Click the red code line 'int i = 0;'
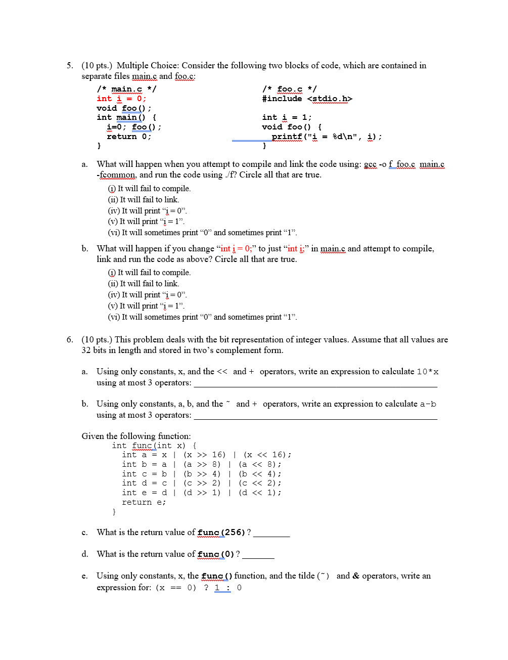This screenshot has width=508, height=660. tap(121, 99)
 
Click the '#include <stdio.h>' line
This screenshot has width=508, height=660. tap(307, 99)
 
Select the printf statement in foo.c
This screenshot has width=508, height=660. tap(326, 137)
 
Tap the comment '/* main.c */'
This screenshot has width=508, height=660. tap(126, 89)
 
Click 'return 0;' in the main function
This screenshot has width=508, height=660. tap(129, 137)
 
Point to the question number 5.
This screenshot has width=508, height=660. tap(70, 65)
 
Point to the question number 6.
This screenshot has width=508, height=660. tap(70, 339)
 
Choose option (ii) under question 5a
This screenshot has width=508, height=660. tap(144, 200)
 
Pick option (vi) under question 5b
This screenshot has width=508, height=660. tap(202, 317)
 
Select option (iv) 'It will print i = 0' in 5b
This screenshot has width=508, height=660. tap(147, 295)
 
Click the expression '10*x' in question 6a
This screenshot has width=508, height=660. tap(428, 372)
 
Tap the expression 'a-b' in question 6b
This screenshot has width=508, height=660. tap(428, 404)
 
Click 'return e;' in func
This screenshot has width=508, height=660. tap(144, 502)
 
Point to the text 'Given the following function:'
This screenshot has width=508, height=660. tap(136, 436)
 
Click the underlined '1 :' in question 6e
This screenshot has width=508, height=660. tap(222, 588)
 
